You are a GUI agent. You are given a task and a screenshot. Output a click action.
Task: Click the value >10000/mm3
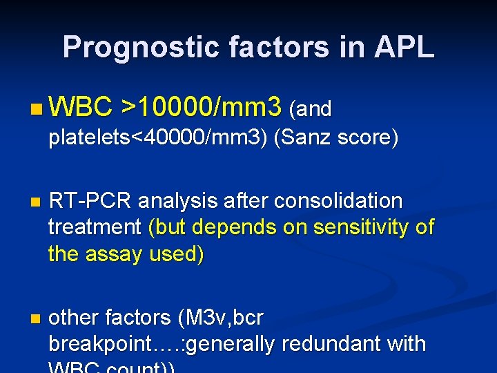point(201,108)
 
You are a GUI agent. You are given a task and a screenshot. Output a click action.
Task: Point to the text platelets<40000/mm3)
point(158,137)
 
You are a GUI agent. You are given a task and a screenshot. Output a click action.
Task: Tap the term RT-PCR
point(90,201)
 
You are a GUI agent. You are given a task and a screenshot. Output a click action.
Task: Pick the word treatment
point(95,227)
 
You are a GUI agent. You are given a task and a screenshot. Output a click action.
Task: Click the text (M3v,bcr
point(220,317)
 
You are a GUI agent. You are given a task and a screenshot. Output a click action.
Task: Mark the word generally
point(227,343)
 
